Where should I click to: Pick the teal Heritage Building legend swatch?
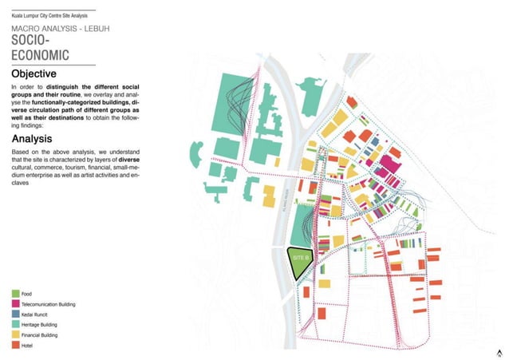click(16, 326)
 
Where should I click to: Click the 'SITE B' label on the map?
click(300, 259)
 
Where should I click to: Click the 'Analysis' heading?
click(35, 139)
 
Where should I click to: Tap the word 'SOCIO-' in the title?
click(30, 40)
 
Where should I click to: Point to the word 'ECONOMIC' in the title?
click(40, 55)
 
